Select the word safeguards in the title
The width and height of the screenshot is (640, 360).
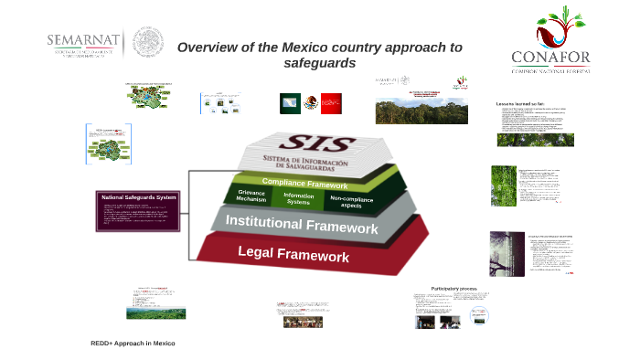pyautogui.click(x=319, y=64)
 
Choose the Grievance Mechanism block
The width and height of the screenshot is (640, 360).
pyautogui.click(x=251, y=196)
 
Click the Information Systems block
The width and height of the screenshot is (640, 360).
pyautogui.click(x=298, y=198)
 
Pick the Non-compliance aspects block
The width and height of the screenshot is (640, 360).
pyautogui.click(x=351, y=202)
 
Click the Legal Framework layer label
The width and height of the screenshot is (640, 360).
pyautogui.click(x=293, y=254)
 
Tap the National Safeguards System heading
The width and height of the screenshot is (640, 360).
pyautogui.click(x=139, y=197)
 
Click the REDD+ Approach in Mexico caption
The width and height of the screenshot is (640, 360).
pyautogui.click(x=133, y=343)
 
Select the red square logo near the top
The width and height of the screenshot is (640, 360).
pyautogui.click(x=331, y=103)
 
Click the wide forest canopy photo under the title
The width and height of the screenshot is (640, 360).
pyautogui.click(x=421, y=111)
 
